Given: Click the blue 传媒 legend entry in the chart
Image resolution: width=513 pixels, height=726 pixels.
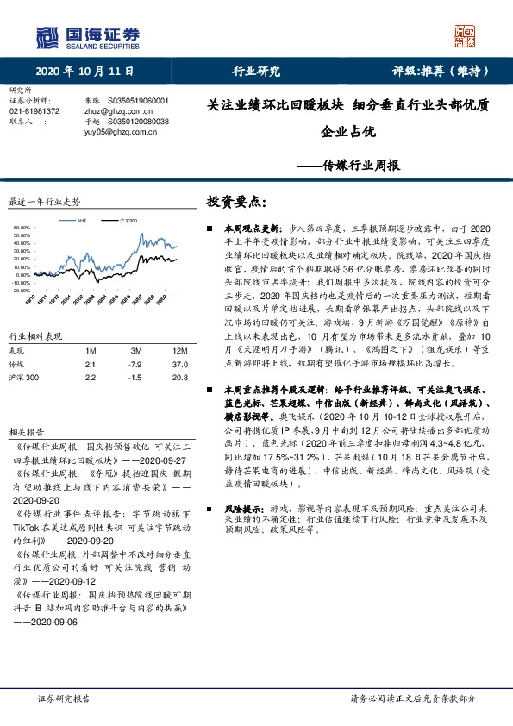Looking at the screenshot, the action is (79, 222).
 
